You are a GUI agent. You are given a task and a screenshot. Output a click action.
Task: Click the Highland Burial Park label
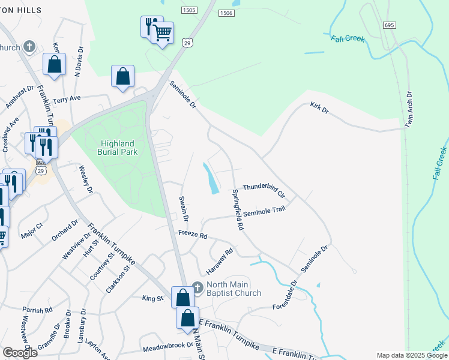[118, 147]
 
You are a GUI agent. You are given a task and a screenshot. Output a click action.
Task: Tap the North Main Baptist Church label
[234, 289]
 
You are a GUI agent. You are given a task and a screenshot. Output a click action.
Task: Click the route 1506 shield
[226, 13]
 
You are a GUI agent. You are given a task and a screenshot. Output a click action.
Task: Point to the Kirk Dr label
[319, 107]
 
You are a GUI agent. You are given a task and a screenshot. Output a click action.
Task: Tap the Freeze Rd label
[192, 234]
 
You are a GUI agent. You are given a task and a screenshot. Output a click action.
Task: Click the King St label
[152, 298]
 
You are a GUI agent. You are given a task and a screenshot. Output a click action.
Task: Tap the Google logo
[19, 353]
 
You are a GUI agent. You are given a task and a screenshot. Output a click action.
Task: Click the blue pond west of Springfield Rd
[211, 178]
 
